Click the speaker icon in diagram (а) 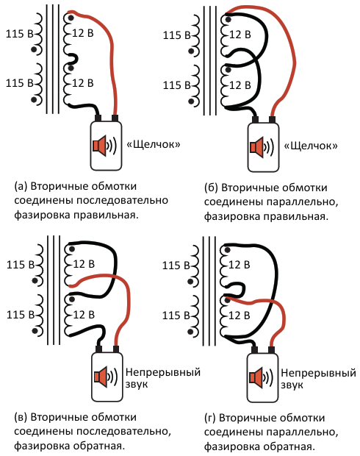pyautogui.click(x=104, y=145)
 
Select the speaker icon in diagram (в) pyautogui.click(x=106, y=377)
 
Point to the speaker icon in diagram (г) pyautogui.click(x=261, y=378)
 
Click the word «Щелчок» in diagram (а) pyautogui.click(x=154, y=145)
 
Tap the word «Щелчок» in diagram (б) pyautogui.click(x=311, y=146)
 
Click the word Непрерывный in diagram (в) pyautogui.click(x=163, y=373)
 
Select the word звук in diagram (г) pyautogui.click(x=292, y=385)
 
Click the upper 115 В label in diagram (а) pyautogui.click(x=19, y=34)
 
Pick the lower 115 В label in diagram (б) pyautogui.click(x=176, y=85)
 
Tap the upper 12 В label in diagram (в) pyautogui.click(x=84, y=264)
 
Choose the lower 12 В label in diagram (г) pyautogui.click(x=239, y=316)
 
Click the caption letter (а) pyautogui.click(x=21, y=186)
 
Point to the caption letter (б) pyautogui.click(x=211, y=188)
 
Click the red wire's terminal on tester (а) pyautogui.click(x=115, y=118)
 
